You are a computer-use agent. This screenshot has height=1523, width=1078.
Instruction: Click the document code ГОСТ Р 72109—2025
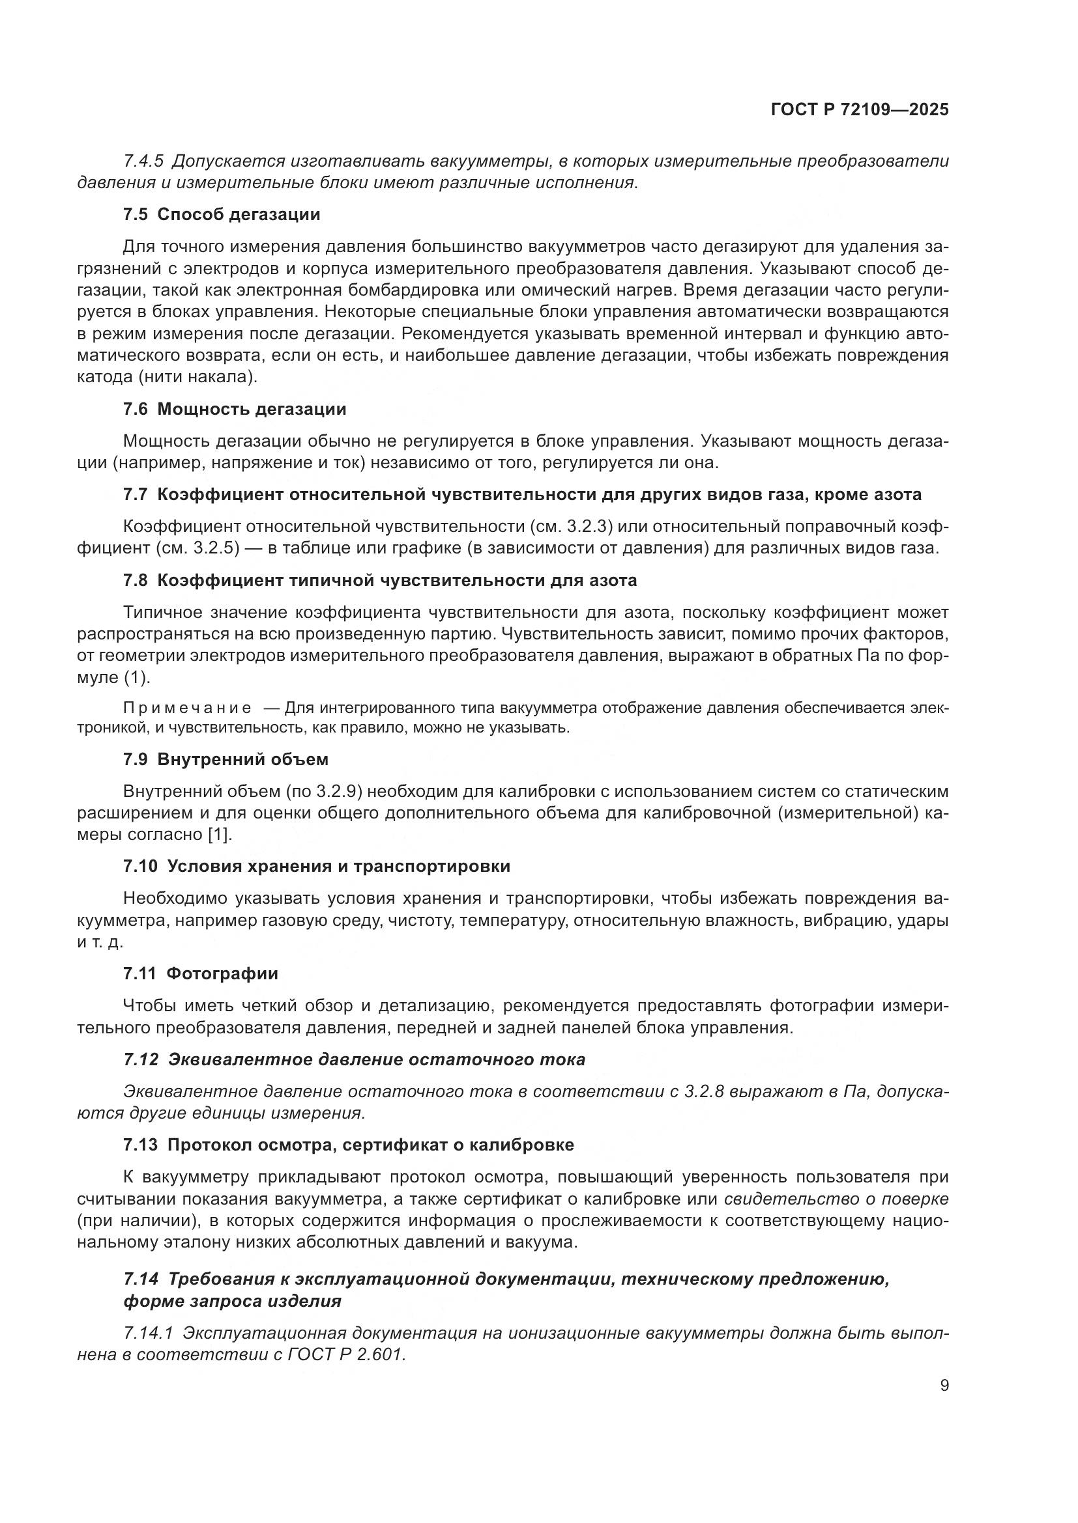tap(860, 109)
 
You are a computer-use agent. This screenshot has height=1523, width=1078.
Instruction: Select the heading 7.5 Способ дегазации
tap(222, 214)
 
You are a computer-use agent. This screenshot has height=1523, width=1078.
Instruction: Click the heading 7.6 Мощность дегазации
tap(235, 409)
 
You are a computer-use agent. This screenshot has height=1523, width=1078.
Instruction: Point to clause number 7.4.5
tap(143, 161)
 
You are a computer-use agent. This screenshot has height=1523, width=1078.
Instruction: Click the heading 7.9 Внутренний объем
tap(226, 759)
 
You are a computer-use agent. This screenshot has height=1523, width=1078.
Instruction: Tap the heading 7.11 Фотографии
tap(201, 973)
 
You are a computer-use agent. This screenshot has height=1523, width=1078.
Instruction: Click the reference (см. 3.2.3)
tap(571, 527)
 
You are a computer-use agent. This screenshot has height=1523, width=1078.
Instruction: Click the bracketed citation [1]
tap(220, 835)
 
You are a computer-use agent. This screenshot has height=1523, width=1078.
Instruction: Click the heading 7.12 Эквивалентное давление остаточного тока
tap(355, 1059)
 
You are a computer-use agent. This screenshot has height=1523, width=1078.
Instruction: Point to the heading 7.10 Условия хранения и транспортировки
tap(317, 866)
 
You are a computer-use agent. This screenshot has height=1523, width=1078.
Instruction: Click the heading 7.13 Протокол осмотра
tap(349, 1145)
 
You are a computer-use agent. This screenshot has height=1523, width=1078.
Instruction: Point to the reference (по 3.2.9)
tap(322, 791)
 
